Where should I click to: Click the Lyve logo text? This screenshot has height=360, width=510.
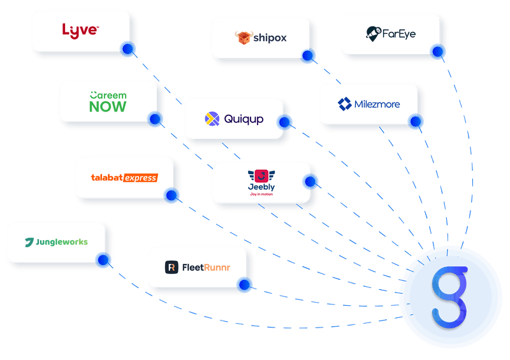point(80,29)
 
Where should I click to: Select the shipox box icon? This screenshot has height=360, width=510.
point(243,38)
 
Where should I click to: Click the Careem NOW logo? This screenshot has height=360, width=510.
point(108,101)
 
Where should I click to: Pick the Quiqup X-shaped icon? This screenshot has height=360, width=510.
point(212,119)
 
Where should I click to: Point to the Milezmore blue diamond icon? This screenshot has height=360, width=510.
point(345,104)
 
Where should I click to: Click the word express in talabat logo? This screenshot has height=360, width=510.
point(140,178)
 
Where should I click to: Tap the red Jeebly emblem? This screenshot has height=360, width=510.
point(261,176)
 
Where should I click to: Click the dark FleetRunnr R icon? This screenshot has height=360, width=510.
point(171,268)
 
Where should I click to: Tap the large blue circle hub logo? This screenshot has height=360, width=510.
point(450,297)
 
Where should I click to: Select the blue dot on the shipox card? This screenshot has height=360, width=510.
point(309,57)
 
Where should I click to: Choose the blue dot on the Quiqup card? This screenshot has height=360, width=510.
point(285,122)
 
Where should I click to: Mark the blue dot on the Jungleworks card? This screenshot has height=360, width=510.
point(104,259)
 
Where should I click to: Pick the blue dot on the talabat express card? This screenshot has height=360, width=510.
point(171,195)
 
